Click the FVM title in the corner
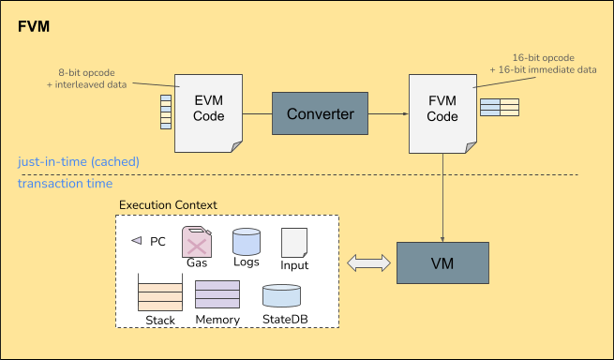coord(34,26)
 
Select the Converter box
coord(320,113)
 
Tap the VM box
coord(442,262)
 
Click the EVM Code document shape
coord(208,113)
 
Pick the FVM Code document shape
coord(442,113)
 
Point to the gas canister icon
coord(197,242)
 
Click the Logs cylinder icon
coord(247,242)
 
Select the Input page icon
coord(294,243)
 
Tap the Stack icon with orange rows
coord(160,292)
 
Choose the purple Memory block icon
coord(217,294)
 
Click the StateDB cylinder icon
coord(281,295)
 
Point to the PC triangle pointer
coord(136,240)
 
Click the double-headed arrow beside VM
coord(369,262)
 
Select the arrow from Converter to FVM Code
coord(388,114)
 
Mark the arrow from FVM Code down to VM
coord(442,198)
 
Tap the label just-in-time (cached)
coord(79,162)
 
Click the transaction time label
coord(65,184)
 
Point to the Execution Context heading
coord(168,205)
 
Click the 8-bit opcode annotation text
coord(86,79)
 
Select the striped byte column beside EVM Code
coord(166,112)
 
